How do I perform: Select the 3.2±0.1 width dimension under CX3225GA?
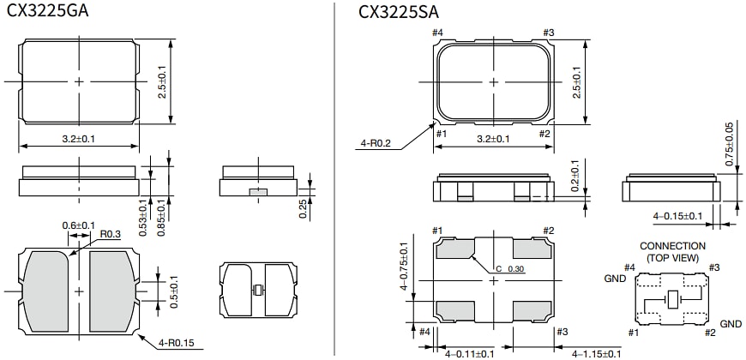coord(79,137)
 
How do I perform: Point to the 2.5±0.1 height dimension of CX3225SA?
coord(577,81)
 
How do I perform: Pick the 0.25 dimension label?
coord(304,208)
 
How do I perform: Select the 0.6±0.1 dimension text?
coord(78,225)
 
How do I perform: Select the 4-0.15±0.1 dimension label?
coord(678,216)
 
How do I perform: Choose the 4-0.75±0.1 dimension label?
coord(404,267)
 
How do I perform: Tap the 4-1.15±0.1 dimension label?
coord(597,353)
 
